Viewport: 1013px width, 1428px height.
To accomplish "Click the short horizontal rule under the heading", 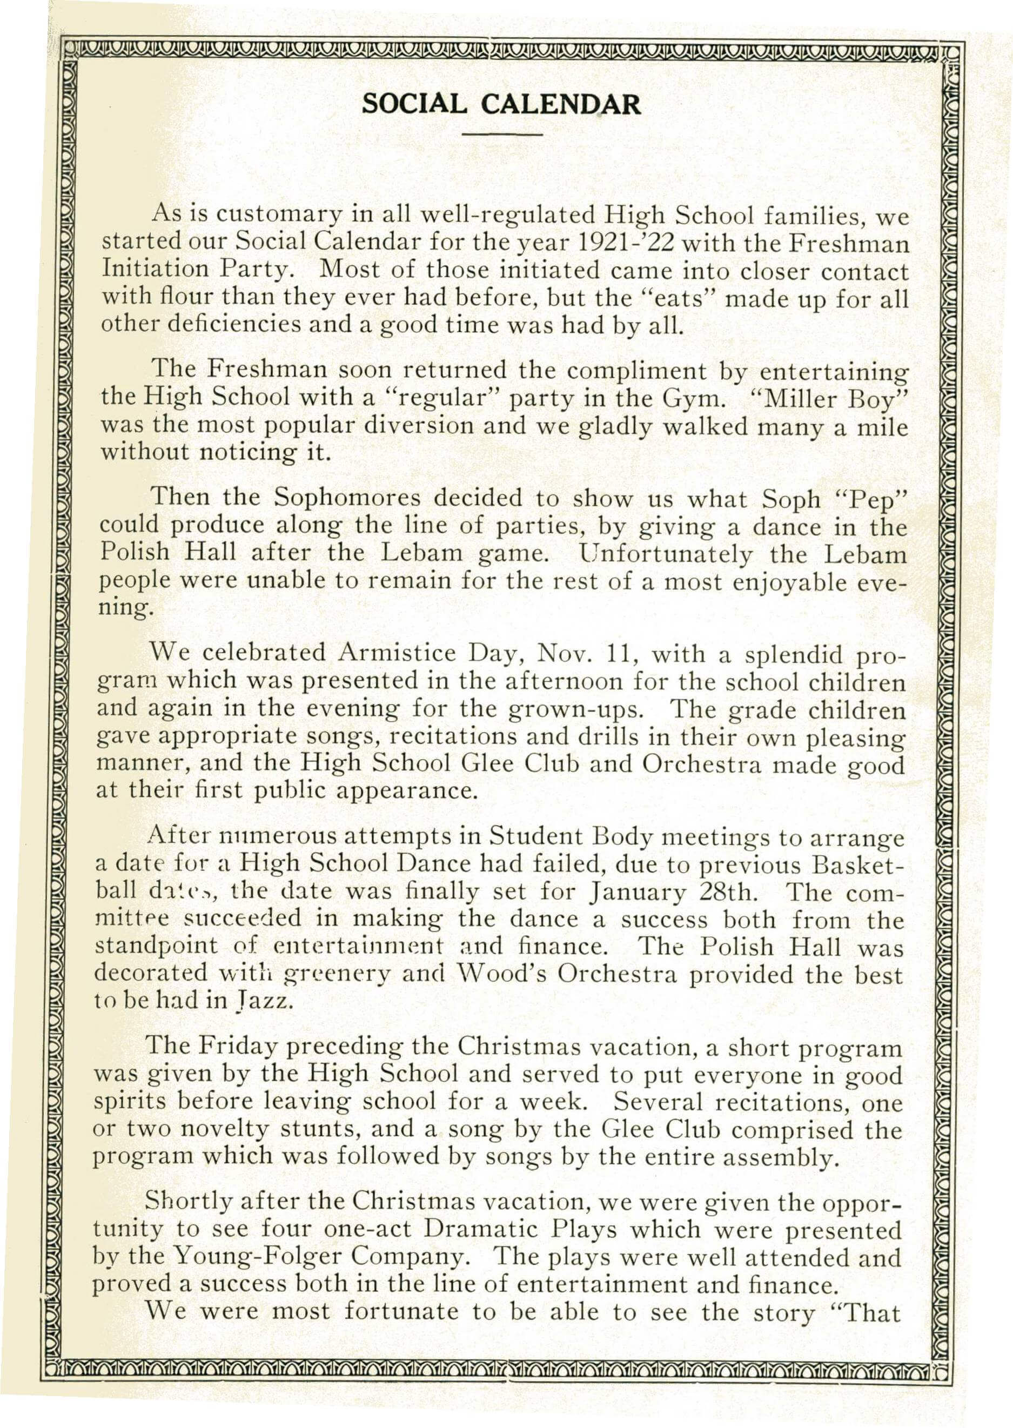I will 501,134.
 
